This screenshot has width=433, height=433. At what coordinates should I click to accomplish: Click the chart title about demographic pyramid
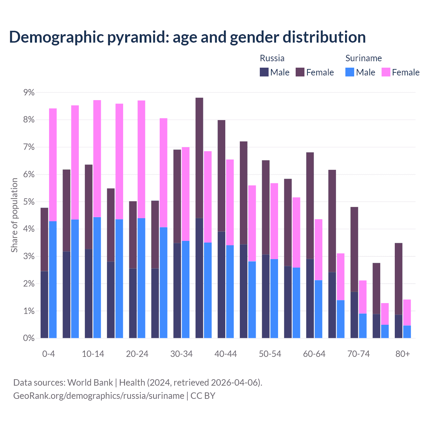click(187, 37)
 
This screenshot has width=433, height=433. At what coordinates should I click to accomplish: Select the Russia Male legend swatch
click(264, 72)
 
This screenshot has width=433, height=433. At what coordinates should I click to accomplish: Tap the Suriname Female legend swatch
click(386, 72)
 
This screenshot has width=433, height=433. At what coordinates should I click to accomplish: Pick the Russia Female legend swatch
click(300, 72)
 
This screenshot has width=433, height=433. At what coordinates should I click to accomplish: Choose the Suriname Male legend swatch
click(350, 72)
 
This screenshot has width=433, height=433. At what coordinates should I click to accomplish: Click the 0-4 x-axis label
click(49, 354)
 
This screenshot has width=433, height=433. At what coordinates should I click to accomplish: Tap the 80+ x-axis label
click(403, 354)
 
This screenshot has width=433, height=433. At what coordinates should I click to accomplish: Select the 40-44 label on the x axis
click(226, 354)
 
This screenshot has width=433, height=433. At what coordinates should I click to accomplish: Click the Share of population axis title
click(14, 215)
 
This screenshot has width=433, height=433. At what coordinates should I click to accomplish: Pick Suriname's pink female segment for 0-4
click(53, 165)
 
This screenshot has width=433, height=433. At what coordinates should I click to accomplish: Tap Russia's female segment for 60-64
click(310, 206)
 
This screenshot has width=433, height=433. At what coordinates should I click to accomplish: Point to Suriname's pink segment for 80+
click(407, 312)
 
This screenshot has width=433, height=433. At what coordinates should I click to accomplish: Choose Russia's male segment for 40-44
click(221, 285)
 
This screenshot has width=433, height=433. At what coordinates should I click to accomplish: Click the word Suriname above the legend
click(363, 58)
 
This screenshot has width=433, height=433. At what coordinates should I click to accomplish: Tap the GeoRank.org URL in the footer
click(98, 395)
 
